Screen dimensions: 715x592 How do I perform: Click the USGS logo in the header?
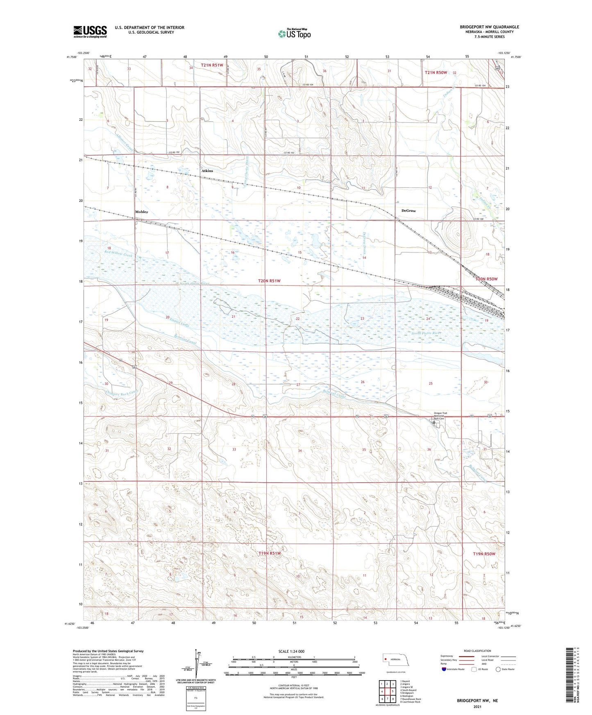point(90,32)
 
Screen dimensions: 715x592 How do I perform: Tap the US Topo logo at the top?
point(294,33)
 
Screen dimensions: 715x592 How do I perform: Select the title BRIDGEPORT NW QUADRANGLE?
point(489,27)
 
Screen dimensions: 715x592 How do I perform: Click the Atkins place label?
point(207,171)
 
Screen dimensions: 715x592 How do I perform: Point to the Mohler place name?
point(141,212)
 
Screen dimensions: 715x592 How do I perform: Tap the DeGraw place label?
point(408,210)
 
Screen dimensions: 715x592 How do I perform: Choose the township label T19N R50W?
point(484,554)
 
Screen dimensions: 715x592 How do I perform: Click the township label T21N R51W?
point(212,65)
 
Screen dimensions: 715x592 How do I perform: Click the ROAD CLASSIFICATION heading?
point(477,651)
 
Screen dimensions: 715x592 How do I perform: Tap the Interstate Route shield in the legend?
point(444,669)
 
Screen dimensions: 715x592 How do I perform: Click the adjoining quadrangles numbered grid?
point(387,691)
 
